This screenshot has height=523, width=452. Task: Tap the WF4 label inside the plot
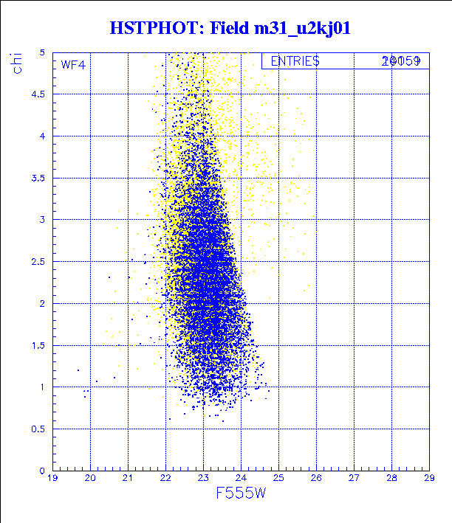coord(72,65)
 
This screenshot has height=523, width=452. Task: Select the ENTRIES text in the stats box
coord(295,61)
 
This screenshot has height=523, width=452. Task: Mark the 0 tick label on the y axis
coord(43,471)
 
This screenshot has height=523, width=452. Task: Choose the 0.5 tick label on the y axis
coord(38,429)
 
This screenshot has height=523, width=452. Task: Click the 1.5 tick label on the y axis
coord(38,345)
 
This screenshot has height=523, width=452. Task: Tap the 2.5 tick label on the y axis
coord(38,262)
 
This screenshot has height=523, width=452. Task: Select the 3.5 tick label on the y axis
coord(38,178)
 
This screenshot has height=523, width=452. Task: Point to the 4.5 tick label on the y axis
coord(38,94)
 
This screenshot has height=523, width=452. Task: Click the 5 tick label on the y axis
coord(43,53)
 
